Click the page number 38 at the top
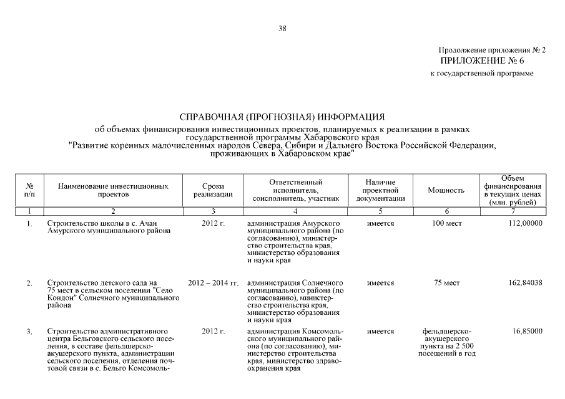[282, 28]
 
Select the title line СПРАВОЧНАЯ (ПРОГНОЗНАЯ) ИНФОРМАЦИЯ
[282, 117]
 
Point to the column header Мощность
[446, 190]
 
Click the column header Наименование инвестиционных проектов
[113, 190]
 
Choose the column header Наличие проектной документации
[380, 190]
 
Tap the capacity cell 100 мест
[446, 223]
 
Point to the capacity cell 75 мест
[446, 283]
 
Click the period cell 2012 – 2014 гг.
[214, 283]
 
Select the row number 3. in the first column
[29, 332]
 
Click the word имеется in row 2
[380, 283]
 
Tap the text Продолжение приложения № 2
[491, 50]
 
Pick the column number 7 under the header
[512, 211]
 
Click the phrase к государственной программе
[482, 73]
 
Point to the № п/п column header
[29, 190]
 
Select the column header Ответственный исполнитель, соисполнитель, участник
[295, 190]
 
